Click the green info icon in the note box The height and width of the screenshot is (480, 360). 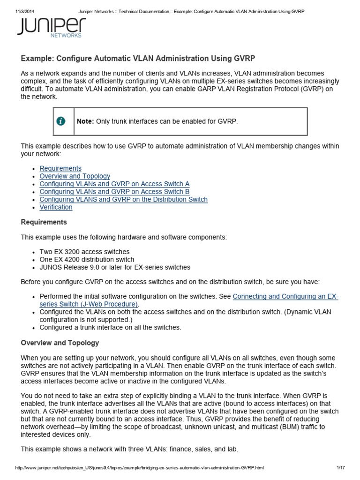tap(61, 121)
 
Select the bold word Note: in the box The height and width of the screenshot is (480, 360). tap(85, 121)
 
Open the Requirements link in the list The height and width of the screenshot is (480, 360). tap(60, 168)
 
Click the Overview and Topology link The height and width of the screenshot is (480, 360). tap(75, 176)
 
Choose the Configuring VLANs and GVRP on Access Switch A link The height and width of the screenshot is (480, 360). tap(114, 184)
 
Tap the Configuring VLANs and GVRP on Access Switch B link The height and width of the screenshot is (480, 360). tap(114, 192)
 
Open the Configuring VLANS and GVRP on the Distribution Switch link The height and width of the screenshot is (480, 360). tap(123, 200)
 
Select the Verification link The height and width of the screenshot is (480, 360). tap(56, 207)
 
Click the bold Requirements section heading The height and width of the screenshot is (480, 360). tap(44, 222)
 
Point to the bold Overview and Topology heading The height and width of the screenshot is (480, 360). tap(60, 343)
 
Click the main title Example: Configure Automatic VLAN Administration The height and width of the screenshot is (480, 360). tap(138, 59)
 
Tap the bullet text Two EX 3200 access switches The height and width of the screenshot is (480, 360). tap(84, 252)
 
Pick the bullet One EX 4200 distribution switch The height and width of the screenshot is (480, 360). tap(87, 260)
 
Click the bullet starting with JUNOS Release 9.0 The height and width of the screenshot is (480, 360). tap(115, 267)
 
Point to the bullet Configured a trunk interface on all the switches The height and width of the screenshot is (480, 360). tap(110, 327)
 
